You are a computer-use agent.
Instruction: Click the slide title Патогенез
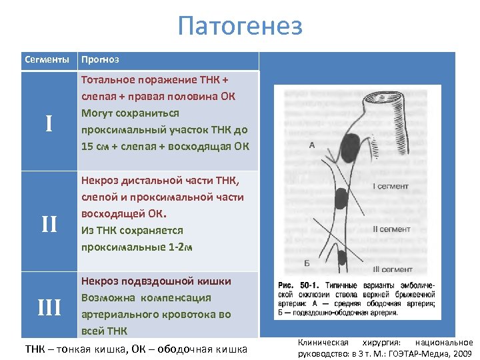(240, 26)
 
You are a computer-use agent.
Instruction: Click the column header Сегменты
(47, 60)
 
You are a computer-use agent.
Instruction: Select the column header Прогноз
(99, 60)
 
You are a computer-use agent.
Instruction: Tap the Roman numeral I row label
(49, 123)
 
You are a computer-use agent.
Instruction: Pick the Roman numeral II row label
(49, 224)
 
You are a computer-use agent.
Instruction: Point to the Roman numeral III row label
(49, 307)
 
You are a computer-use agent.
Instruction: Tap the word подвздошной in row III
(149, 281)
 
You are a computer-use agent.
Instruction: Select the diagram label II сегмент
(391, 229)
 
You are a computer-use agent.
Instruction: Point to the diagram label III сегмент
(393, 269)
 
